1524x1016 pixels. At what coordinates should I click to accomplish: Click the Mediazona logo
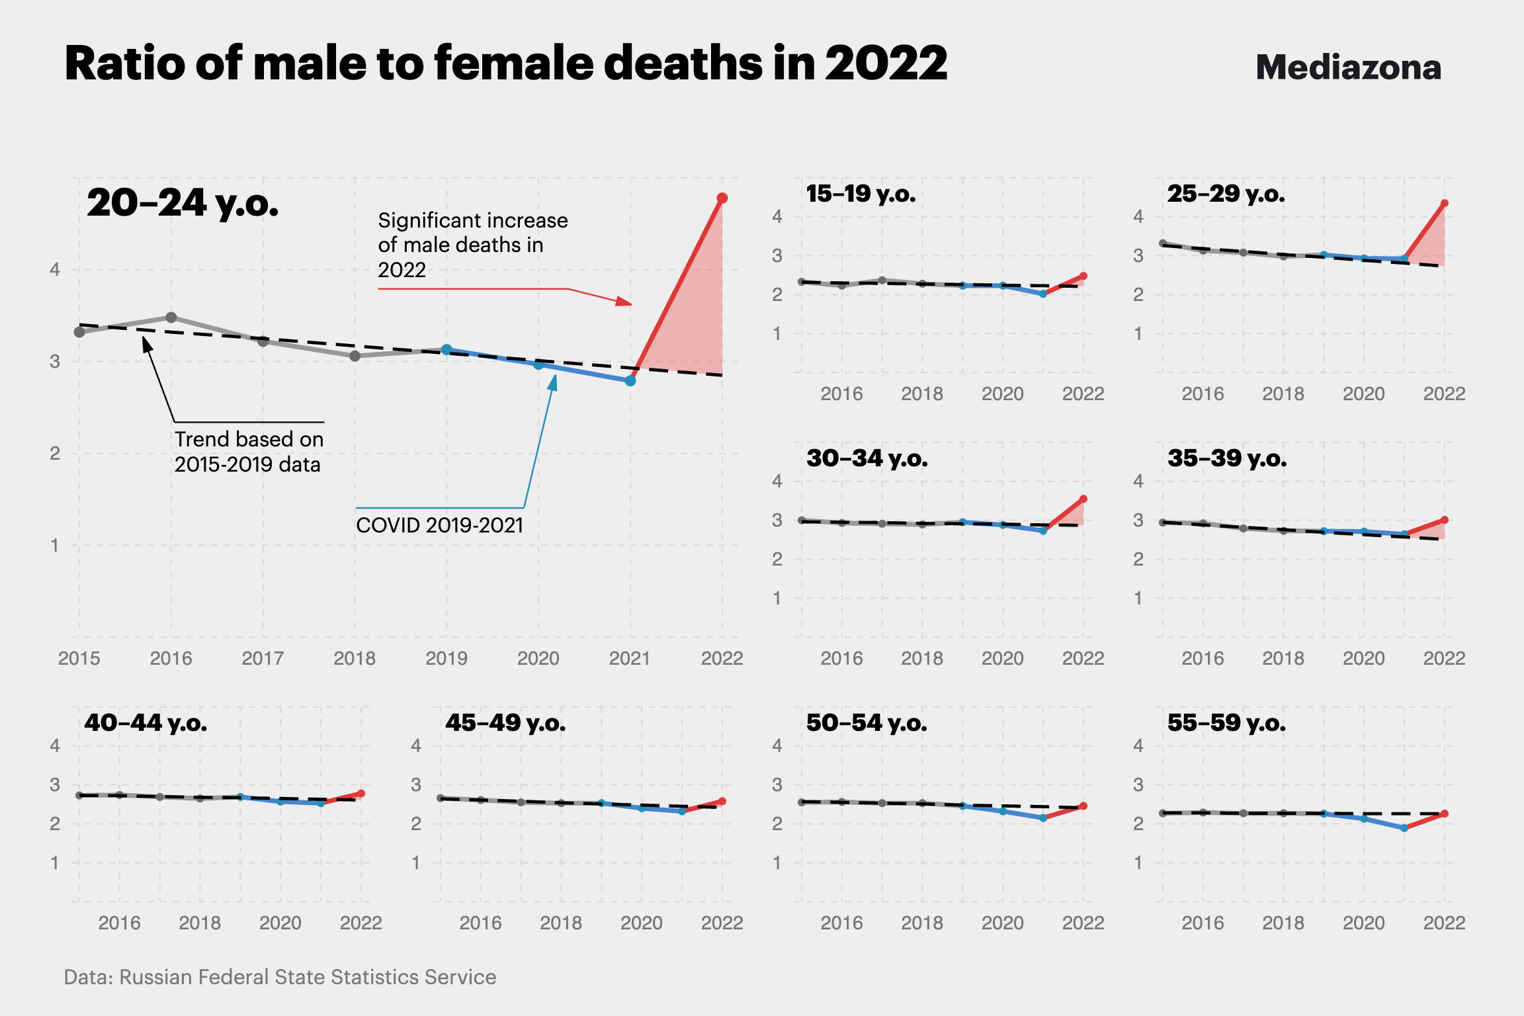click(1348, 67)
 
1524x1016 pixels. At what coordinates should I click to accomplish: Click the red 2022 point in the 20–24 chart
click(722, 198)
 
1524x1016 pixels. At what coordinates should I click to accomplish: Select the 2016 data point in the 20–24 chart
click(171, 317)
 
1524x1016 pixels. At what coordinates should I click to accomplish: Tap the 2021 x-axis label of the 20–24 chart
click(630, 658)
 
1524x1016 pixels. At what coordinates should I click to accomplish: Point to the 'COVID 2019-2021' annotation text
click(439, 525)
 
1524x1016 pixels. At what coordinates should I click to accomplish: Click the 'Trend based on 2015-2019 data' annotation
click(249, 452)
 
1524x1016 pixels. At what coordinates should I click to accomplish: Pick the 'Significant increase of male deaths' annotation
click(472, 245)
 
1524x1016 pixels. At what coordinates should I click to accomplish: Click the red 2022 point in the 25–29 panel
click(1445, 203)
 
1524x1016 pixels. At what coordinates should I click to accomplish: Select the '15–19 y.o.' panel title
click(861, 194)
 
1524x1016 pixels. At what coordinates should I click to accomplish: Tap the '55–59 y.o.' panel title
click(1226, 723)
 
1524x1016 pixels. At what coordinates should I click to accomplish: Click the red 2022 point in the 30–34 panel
click(1083, 499)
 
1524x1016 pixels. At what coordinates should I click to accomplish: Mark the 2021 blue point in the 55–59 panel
click(1404, 828)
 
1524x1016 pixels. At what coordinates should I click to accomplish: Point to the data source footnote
click(280, 977)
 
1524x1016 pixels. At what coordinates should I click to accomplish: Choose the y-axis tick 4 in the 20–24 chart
click(55, 269)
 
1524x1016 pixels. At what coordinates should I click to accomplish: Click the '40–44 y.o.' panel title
click(146, 723)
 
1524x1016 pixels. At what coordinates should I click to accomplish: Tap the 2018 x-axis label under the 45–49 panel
click(561, 923)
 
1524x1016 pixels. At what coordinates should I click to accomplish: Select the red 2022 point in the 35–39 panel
click(1445, 520)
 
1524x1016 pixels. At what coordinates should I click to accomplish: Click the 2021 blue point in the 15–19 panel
click(1043, 294)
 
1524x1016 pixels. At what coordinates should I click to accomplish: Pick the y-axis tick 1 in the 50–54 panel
click(777, 863)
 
